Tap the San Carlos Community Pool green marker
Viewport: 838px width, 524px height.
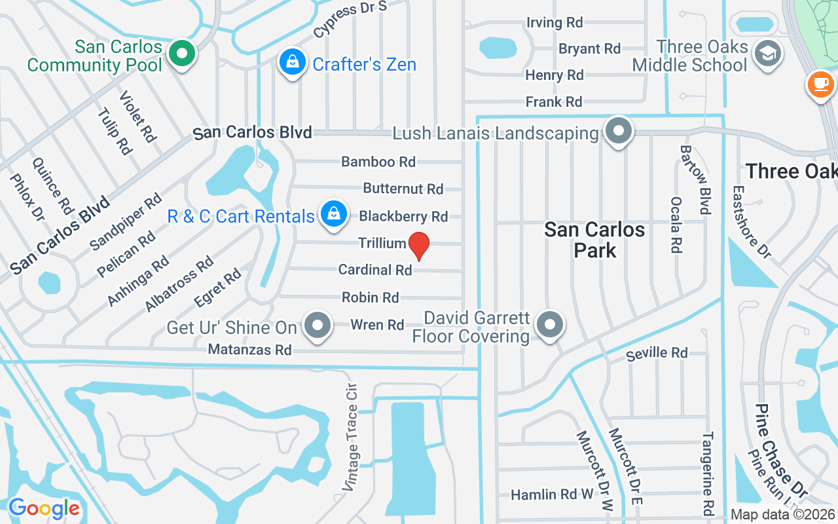click(x=183, y=54)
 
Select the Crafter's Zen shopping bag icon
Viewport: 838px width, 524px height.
click(x=292, y=62)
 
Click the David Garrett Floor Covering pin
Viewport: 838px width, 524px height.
click(x=550, y=324)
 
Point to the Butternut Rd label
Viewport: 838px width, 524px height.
click(x=403, y=189)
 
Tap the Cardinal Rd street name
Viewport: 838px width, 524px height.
click(x=375, y=270)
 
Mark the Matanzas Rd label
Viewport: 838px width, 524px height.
click(x=249, y=350)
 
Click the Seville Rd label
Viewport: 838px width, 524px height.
click(x=657, y=354)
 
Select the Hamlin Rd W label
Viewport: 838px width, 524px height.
click(x=552, y=495)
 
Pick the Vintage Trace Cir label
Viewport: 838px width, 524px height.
click(x=352, y=438)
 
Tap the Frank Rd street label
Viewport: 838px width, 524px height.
click(x=554, y=102)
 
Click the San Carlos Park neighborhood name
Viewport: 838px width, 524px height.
click(x=594, y=240)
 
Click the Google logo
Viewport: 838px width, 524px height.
click(x=44, y=508)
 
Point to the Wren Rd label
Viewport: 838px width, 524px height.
click(x=377, y=325)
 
